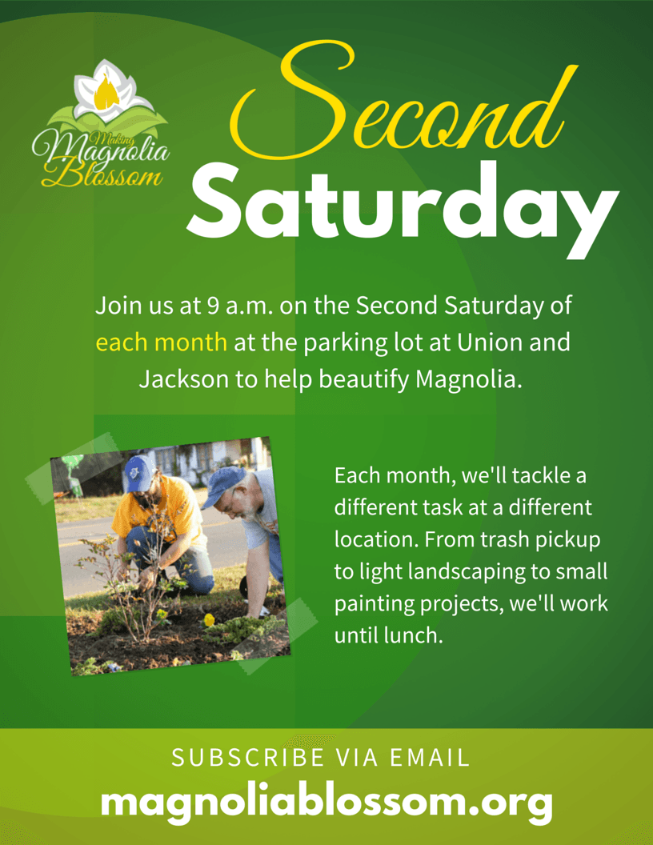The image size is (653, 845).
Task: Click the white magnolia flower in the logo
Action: [111, 90]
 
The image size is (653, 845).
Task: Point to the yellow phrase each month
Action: [161, 342]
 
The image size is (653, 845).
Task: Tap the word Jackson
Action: [184, 379]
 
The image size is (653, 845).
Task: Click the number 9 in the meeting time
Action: [213, 306]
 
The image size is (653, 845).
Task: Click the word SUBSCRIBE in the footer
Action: [248, 758]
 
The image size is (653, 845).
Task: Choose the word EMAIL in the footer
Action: [430, 758]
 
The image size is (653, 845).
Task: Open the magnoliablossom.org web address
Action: [327, 803]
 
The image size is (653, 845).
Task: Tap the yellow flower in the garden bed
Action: [209, 619]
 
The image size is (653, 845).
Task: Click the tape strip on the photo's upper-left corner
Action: [70, 468]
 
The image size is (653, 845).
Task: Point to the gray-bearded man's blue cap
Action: [223, 485]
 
